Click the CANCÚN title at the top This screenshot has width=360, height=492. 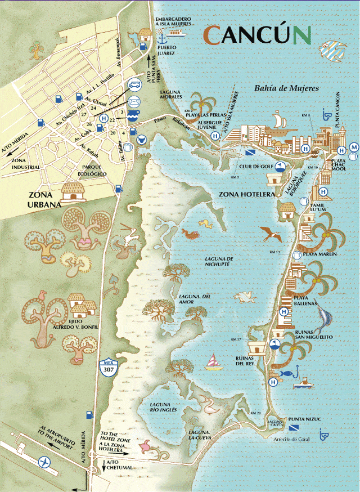[x=257, y=35]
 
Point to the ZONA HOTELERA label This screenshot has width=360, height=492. [x=246, y=194]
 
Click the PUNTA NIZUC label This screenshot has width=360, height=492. [x=304, y=419]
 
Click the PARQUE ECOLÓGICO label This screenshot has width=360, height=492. [x=94, y=171]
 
